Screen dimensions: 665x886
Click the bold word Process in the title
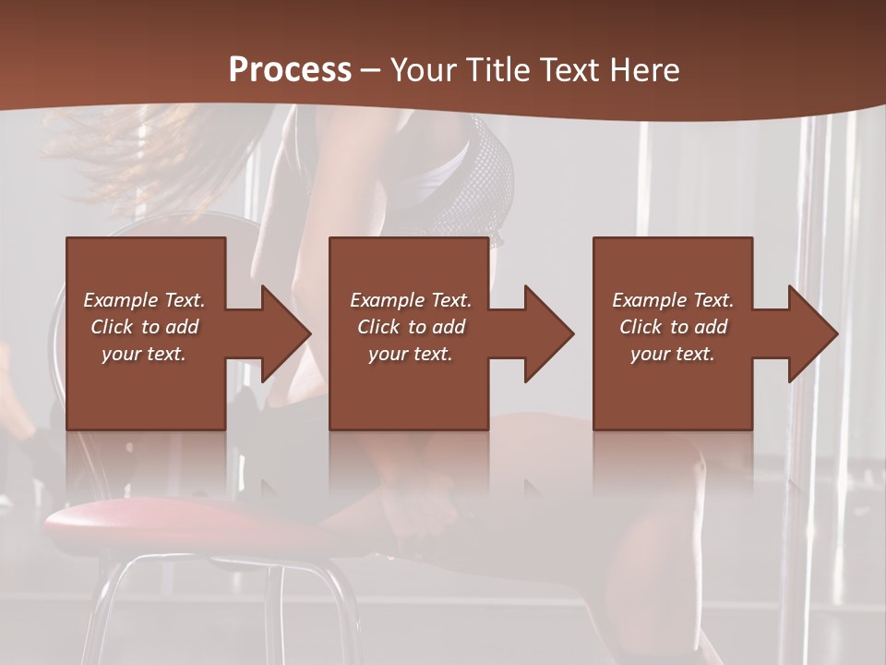point(290,70)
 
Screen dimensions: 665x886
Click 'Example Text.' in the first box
point(144,300)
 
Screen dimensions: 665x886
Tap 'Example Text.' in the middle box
point(410,300)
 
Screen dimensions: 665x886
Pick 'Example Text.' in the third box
point(672,300)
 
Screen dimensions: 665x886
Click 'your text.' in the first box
point(144,354)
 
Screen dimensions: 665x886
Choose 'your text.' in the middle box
point(410,354)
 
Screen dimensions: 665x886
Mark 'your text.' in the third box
point(672,354)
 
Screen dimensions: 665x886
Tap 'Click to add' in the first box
point(144,327)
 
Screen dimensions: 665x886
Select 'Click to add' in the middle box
point(410,327)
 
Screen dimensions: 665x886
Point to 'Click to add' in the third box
point(672,327)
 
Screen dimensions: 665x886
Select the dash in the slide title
point(371,71)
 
